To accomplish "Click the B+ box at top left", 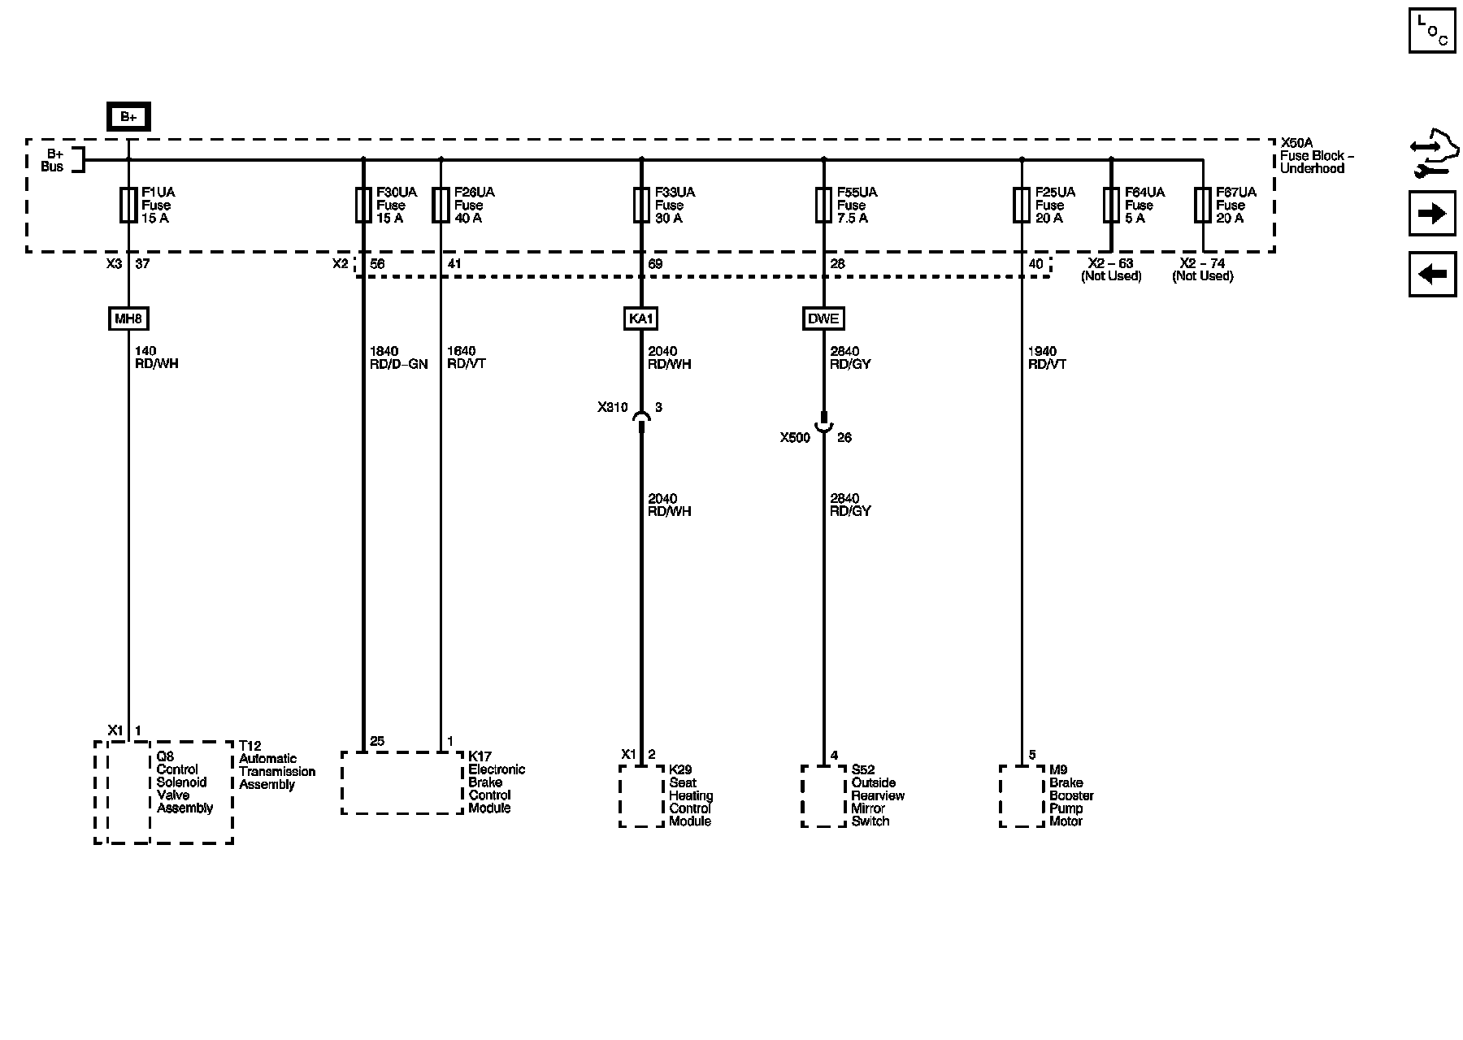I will tap(128, 117).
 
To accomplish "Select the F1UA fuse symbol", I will tap(128, 206).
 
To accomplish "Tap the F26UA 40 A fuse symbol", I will tap(441, 206).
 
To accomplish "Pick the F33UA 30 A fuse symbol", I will tap(641, 206).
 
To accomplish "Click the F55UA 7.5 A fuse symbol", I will tap(823, 206).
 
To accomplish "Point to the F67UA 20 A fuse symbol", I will tap(1203, 206).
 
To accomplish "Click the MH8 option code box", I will tap(128, 318).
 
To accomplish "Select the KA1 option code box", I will tap(640, 318).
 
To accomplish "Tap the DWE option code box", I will tap(823, 318).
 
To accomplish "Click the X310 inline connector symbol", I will tap(641, 418).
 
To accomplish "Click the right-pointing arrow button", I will tap(1431, 214).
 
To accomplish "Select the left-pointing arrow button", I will tap(1431, 274).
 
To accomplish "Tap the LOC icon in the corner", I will tap(1431, 31).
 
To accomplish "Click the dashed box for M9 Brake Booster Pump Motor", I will tap(1022, 795).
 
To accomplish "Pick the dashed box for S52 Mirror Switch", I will tap(823, 795).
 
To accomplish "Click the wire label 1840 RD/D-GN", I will tap(398, 357).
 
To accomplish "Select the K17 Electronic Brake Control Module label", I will tap(497, 782).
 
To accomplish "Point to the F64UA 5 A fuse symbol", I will tap(1111, 206).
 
